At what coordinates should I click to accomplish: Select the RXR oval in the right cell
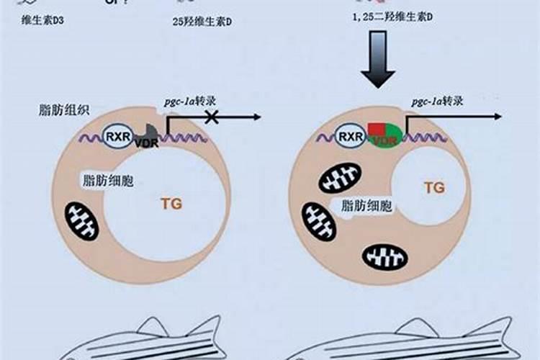click(x=350, y=135)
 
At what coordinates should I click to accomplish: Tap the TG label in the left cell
click(x=166, y=204)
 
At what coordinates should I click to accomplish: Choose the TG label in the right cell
click(x=433, y=189)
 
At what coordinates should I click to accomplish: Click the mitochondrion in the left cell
click(x=81, y=221)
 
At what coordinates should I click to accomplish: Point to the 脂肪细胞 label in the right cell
click(x=367, y=207)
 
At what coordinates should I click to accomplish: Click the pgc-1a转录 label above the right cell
click(x=437, y=101)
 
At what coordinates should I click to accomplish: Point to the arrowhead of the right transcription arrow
click(x=498, y=117)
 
